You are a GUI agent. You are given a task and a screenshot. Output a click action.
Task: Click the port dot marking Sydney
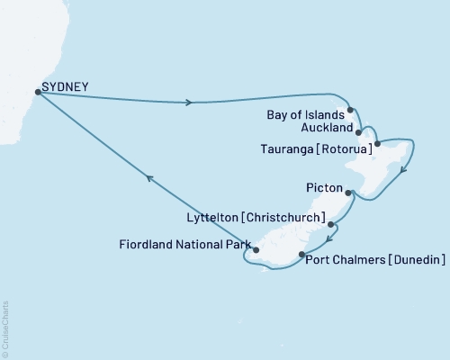(x=37, y=91)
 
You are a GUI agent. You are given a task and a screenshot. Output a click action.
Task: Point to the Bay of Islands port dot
(x=350, y=111)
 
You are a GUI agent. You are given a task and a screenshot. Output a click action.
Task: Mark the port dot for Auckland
(x=360, y=131)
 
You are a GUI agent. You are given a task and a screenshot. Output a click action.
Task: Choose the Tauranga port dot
(x=377, y=143)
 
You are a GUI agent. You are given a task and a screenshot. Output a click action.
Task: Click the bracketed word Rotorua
(x=349, y=144)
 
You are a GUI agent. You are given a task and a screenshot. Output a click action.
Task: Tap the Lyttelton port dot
(x=331, y=224)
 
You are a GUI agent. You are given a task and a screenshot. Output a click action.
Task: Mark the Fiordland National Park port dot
(x=256, y=250)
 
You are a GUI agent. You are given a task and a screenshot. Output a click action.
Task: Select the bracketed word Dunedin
(x=415, y=260)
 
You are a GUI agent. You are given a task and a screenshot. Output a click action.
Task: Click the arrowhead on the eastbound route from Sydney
(x=189, y=103)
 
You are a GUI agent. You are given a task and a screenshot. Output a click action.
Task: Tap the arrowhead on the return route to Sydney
(x=150, y=179)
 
